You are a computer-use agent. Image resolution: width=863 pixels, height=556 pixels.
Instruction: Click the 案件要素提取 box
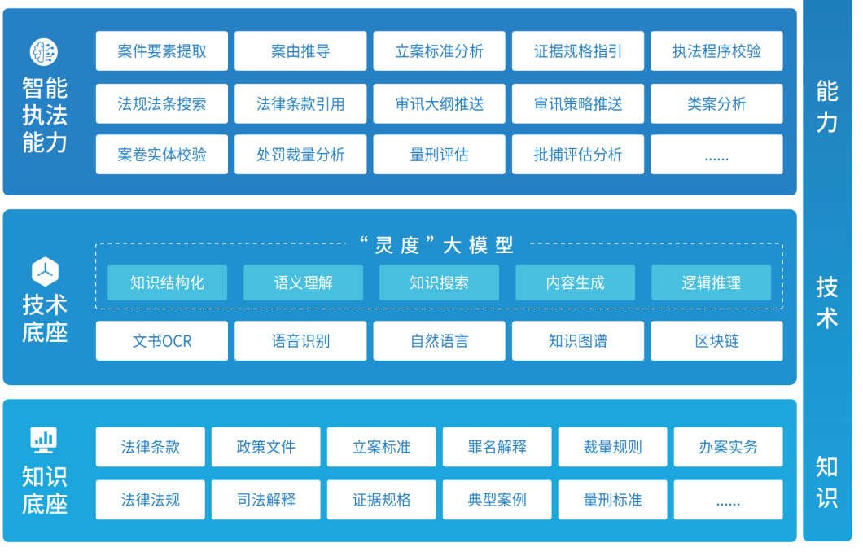(161, 51)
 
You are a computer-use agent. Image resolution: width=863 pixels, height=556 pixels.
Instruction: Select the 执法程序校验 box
(716, 51)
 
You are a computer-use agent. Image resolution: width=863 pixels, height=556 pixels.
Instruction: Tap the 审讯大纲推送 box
(439, 104)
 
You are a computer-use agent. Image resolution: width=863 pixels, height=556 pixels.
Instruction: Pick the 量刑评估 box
(439, 155)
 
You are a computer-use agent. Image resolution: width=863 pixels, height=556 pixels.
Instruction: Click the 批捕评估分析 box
(577, 155)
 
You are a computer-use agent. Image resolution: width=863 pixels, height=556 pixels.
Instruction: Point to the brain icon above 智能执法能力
(44, 52)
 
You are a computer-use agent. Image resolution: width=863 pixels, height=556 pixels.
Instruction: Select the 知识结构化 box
(167, 282)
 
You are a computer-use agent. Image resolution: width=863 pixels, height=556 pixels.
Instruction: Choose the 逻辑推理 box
(711, 282)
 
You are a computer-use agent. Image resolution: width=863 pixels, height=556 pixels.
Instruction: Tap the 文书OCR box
(161, 341)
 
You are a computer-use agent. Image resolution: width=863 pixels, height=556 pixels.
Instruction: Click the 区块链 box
(716, 341)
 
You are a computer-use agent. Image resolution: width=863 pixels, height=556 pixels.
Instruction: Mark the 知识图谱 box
(577, 341)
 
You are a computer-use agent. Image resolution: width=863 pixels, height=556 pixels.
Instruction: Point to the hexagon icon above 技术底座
(44, 270)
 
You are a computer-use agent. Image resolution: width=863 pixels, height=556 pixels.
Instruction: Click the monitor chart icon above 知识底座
(44, 440)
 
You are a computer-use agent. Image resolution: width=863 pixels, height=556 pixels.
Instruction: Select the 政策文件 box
(265, 447)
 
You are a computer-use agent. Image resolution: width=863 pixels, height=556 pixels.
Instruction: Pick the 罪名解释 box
(497, 447)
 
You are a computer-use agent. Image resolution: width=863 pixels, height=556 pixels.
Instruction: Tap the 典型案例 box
(497, 500)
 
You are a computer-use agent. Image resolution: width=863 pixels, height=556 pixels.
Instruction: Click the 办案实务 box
(728, 447)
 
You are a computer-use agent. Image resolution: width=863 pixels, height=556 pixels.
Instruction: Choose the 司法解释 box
(265, 500)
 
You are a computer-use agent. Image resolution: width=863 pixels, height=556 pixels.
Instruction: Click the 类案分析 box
(716, 104)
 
